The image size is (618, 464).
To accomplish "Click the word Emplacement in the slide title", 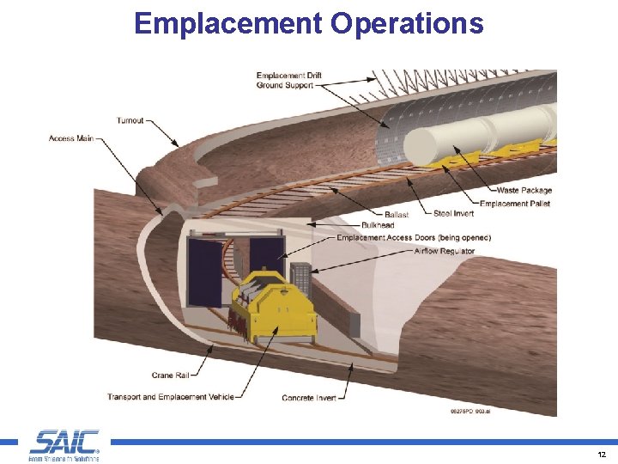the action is click(228, 23).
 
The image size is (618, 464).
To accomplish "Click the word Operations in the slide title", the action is click(407, 23).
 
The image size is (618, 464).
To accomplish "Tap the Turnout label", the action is click(130, 120).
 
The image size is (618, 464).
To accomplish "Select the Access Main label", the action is click(71, 138).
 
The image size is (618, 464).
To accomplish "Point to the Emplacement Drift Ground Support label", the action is click(295, 81).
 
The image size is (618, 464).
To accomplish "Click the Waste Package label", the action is click(524, 190).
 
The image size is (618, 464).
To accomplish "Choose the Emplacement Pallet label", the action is click(515, 204).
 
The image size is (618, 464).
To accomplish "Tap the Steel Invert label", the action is click(454, 214).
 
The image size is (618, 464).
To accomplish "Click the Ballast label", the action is click(396, 214).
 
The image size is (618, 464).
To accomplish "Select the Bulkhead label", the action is click(378, 226).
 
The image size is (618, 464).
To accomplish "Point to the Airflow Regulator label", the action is click(444, 251).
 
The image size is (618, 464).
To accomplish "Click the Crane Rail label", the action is click(169, 375).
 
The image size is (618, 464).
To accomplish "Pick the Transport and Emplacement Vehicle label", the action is click(169, 397).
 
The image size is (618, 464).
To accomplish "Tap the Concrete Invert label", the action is click(309, 398).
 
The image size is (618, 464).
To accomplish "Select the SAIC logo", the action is click(64, 444).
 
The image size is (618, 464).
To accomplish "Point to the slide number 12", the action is click(602, 454).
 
